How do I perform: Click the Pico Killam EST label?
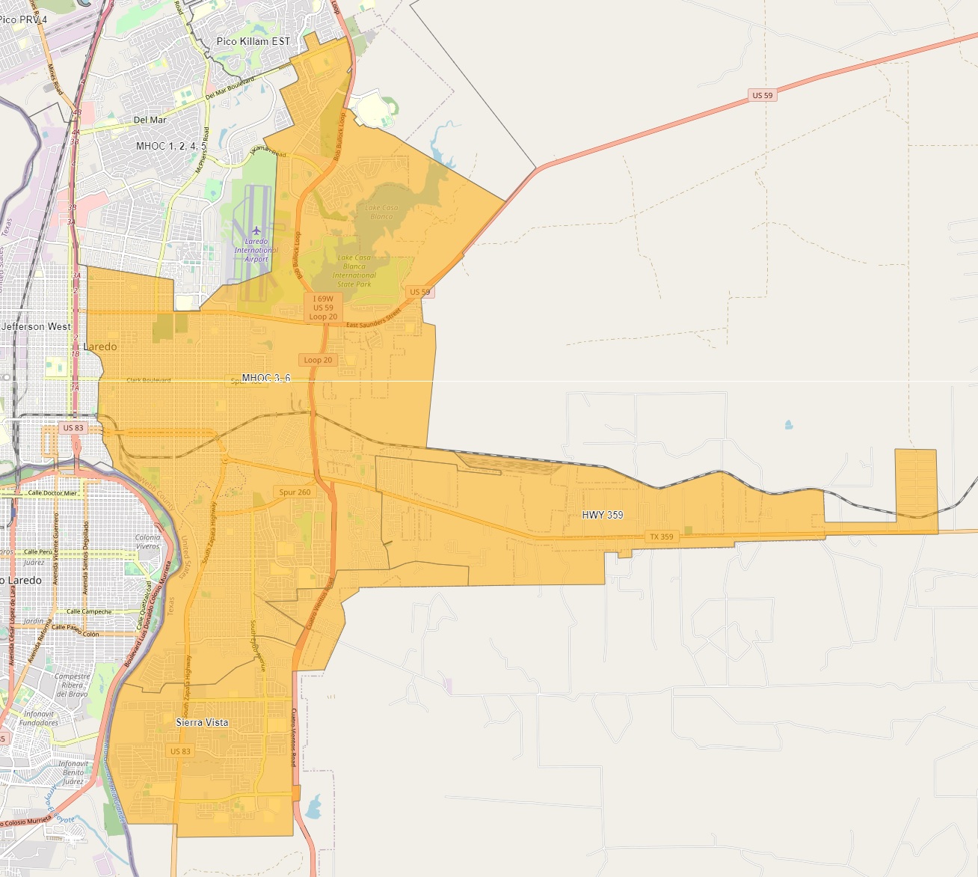pyautogui.click(x=253, y=41)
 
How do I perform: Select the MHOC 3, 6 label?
pyautogui.click(x=266, y=378)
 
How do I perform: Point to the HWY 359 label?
pyautogui.click(x=603, y=515)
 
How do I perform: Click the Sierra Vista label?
pyautogui.click(x=202, y=722)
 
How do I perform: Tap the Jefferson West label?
pyautogui.click(x=37, y=326)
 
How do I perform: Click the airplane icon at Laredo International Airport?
pyautogui.click(x=256, y=230)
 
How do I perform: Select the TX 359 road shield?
pyautogui.click(x=661, y=537)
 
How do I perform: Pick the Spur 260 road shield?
pyautogui.click(x=295, y=492)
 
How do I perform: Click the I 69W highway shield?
pyautogui.click(x=323, y=299)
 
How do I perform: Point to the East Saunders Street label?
pyautogui.click(x=374, y=319)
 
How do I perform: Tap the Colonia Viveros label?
pyautogui.click(x=148, y=542)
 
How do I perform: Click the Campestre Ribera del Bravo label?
pyautogui.click(x=72, y=685)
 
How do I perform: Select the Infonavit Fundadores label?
pyautogui.click(x=39, y=718)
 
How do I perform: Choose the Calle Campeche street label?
pyautogui.click(x=89, y=611)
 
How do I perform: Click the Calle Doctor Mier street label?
pyautogui.click(x=52, y=493)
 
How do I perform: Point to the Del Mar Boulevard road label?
pyautogui.click(x=230, y=88)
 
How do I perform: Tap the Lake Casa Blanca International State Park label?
pyautogui.click(x=354, y=271)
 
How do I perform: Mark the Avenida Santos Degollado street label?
pyautogui.click(x=86, y=558)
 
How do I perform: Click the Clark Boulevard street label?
pyautogui.click(x=149, y=380)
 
